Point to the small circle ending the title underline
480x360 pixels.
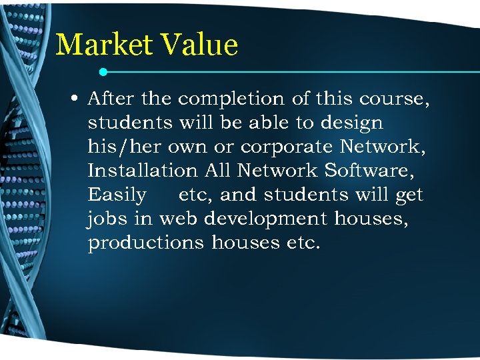pos(103,71)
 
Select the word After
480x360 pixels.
pos(110,99)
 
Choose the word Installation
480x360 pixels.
pos(143,171)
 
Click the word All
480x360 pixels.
pos(217,171)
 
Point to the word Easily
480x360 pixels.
pos(117,195)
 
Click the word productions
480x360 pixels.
pos(146,243)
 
